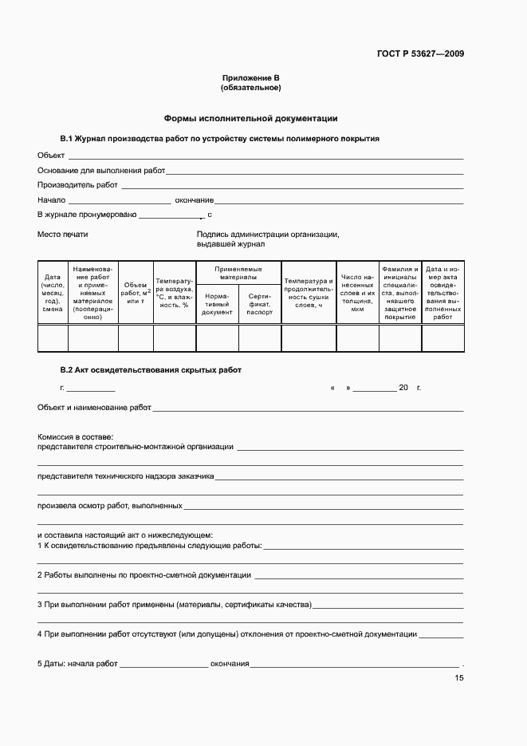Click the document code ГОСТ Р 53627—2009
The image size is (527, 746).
(419, 54)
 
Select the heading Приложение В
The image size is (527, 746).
(250, 78)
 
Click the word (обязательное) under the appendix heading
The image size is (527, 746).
(250, 88)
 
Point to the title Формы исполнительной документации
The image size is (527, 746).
(250, 118)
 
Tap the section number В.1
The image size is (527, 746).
(67, 139)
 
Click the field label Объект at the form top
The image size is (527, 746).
(51, 155)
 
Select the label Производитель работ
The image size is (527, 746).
(77, 185)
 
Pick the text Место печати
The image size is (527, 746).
(63, 235)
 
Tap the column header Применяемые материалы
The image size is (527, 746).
(238, 274)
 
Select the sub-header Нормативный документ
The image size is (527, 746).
(217, 307)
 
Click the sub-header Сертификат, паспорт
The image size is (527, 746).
(260, 307)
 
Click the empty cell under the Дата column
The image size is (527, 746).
(53, 338)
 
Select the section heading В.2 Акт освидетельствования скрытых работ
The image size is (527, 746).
(150, 370)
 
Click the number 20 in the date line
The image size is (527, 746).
(403, 387)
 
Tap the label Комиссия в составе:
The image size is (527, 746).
(75, 437)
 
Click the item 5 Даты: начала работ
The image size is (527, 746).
(77, 664)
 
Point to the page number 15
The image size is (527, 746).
(458, 678)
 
